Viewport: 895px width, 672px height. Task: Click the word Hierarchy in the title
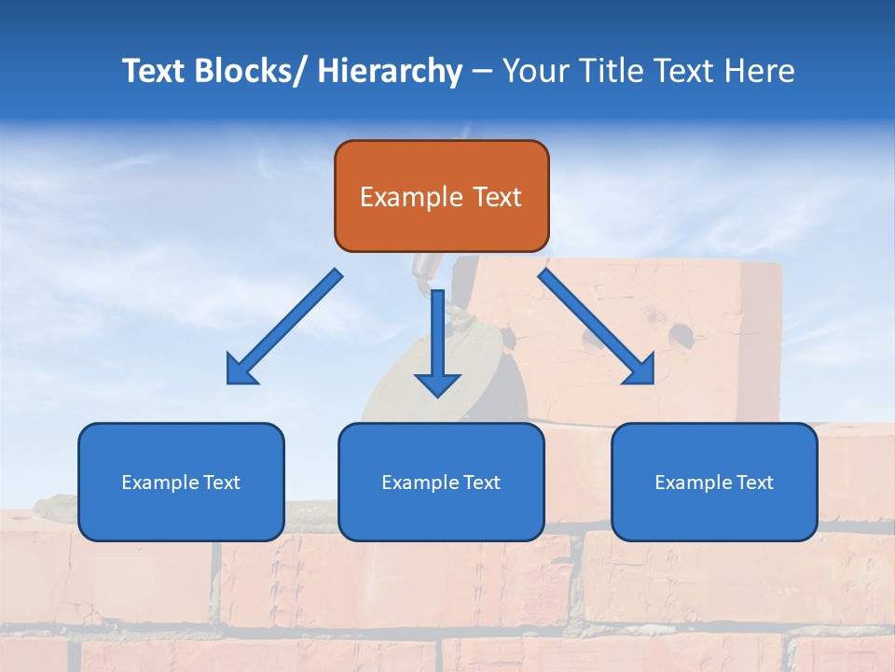click(x=390, y=71)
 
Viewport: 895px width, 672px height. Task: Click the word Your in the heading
click(x=536, y=71)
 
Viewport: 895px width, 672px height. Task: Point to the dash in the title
click(x=482, y=72)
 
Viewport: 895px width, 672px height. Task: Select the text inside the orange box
click(x=441, y=197)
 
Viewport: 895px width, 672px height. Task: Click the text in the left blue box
click(x=181, y=483)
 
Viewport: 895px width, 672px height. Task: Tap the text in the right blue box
click(x=714, y=483)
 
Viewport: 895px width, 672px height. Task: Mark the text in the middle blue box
click(x=441, y=483)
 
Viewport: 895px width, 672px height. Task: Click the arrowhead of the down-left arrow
click(x=241, y=370)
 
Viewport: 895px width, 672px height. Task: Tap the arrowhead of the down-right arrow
click(x=640, y=370)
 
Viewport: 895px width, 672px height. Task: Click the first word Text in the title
click(x=154, y=71)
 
